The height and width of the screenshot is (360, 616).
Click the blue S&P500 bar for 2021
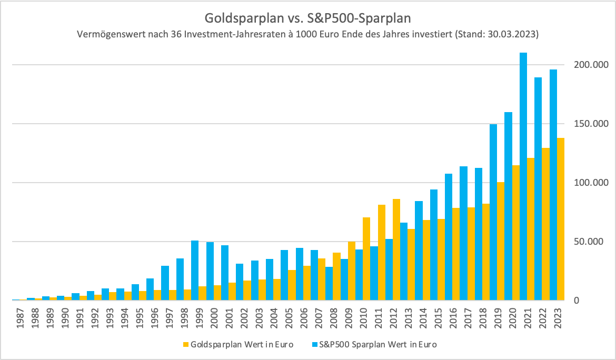[523, 176]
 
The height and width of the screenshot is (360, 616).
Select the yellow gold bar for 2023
[561, 219]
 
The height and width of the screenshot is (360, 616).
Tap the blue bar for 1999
[195, 271]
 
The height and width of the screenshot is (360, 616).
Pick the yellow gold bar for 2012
[396, 249]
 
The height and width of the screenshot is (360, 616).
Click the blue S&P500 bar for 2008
[329, 284]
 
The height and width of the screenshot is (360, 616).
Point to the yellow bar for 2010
[366, 259]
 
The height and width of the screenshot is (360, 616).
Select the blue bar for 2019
[493, 213]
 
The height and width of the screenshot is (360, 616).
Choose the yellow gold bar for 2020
[516, 233]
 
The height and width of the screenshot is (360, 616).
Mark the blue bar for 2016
[449, 237]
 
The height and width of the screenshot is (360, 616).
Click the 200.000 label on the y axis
[591, 65]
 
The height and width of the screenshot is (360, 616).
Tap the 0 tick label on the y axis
[577, 301]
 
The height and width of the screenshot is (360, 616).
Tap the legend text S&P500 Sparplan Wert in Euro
[378, 345]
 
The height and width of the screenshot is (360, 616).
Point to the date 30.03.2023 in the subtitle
[512, 34]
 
